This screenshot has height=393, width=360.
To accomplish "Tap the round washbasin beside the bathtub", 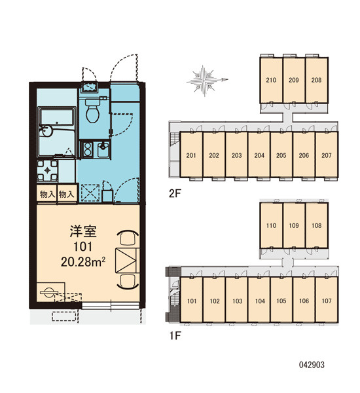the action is (46, 130).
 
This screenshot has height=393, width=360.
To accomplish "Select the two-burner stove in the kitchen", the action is (88, 149).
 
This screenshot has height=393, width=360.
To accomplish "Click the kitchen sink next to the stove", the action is (103, 149).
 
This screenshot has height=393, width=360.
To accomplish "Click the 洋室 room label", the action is (83, 231).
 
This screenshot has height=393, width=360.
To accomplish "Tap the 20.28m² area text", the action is (83, 262).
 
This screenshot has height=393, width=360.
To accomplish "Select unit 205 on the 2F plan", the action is (281, 155).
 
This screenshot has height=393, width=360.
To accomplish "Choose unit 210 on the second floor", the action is (271, 80).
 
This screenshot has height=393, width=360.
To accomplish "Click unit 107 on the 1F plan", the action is (327, 300).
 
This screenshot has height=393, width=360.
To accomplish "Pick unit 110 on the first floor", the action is (271, 225).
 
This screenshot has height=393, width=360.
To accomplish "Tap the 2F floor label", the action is (175, 193).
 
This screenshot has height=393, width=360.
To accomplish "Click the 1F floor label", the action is (175, 336).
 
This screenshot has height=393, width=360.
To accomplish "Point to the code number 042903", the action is (312, 365).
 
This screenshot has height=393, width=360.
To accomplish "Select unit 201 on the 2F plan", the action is (191, 155).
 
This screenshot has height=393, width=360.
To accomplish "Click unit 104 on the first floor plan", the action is (260, 300).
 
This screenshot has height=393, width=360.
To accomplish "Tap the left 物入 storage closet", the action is (47, 194).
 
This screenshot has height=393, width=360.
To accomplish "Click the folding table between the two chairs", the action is (127, 261).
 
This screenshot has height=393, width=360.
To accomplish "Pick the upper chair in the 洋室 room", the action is (128, 238).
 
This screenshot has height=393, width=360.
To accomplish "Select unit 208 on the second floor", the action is (316, 80).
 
